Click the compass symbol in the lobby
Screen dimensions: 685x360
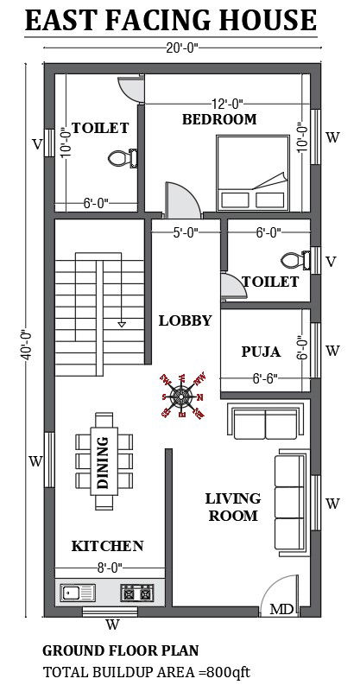pyautogui.click(x=181, y=396)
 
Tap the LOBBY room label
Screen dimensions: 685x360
pyautogui.click(x=185, y=320)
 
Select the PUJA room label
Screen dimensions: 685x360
pyautogui.click(x=260, y=352)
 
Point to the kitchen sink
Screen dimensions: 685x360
pyautogui.click(x=78, y=593)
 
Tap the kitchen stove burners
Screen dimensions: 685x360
pyautogui.click(x=136, y=593)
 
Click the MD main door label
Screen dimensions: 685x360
pyautogui.click(x=281, y=609)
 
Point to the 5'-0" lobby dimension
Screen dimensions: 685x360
pyautogui.click(x=186, y=232)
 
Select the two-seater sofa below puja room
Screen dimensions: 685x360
pyautogui.click(x=264, y=422)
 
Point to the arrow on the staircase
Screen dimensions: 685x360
pyautogui.click(x=122, y=322)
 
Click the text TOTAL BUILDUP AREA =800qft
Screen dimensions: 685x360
pyautogui.click(x=147, y=670)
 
